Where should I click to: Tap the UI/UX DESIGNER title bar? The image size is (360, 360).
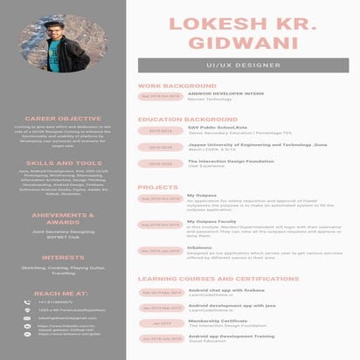coord(244,66)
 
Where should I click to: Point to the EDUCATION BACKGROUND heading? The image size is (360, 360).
coord(187,118)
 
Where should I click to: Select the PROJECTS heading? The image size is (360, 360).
coord(158,187)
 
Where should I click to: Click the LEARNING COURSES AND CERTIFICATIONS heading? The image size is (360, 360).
coord(219,279)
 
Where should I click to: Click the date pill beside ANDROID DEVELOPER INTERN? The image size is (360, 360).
coord(160,96)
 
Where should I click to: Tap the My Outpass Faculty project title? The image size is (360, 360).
coord(211,221)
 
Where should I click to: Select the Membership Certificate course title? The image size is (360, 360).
coord(215,320)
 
